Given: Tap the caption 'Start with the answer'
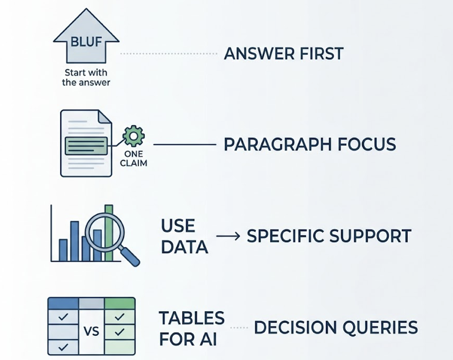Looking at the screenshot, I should tap(86, 78).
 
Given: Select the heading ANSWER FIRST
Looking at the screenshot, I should tap(284, 54).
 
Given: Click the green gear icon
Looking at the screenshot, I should tap(134, 136).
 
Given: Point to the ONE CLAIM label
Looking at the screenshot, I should tap(134, 159).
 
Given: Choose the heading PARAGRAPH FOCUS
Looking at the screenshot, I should tap(309, 144).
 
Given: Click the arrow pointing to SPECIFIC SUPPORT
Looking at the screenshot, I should tap(228, 236).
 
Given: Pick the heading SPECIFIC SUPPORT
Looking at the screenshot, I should tap(328, 236).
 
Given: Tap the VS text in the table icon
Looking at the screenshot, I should tap(91, 331).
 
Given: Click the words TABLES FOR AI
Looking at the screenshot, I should tap(192, 328).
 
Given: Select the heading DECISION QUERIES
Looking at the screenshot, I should tap(335, 328).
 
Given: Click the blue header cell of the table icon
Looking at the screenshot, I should tap(63, 304).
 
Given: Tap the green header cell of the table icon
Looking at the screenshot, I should tap(119, 304).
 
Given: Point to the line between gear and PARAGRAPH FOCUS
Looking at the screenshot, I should tap(184, 144).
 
